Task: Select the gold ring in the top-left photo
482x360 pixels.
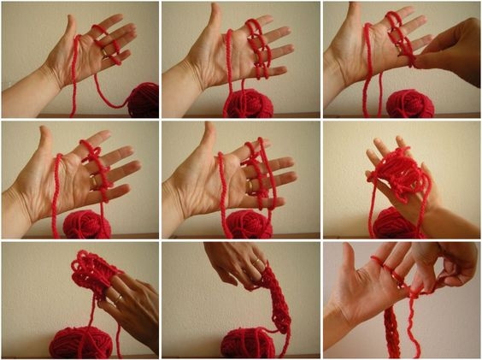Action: click(x=105, y=52)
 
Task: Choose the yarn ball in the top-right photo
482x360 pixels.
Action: click(x=409, y=103)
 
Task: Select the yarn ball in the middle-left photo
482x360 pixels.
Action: click(x=87, y=224)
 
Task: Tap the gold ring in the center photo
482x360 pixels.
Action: click(x=250, y=185)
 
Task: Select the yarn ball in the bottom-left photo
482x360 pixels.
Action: click(x=80, y=341)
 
